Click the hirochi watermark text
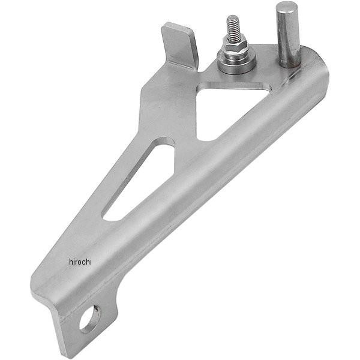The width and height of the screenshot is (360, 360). click(x=80, y=262)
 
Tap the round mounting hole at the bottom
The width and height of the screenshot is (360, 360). click(x=89, y=319)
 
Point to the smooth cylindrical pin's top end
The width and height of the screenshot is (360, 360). click(x=285, y=6)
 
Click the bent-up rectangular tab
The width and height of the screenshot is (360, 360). click(x=179, y=46)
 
